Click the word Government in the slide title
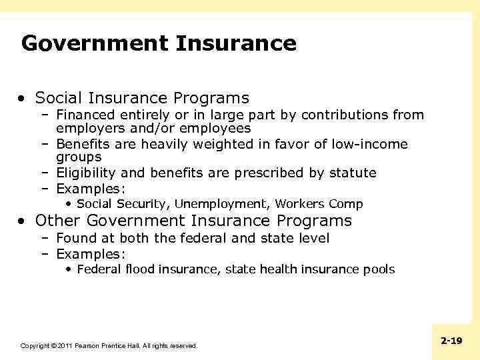coord(95,44)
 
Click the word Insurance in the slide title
coord(236,44)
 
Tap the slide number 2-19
coord(451,341)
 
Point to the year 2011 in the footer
coord(65,346)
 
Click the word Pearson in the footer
coord(88,346)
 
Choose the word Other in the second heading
coord(58,221)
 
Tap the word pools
coord(379,269)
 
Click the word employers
coord(87,128)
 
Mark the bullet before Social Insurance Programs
coord(23,99)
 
